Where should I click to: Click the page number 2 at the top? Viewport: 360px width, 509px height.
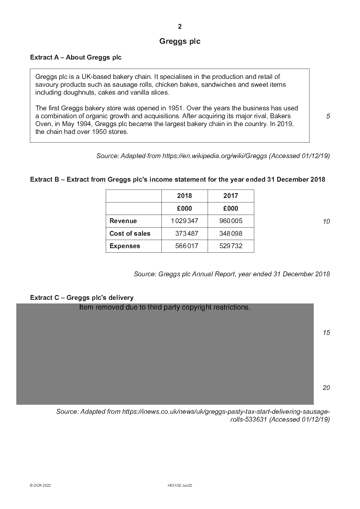(x=180, y=27)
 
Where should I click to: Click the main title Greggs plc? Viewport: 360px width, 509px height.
(x=180, y=41)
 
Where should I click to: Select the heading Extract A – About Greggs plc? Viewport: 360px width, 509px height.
(x=76, y=57)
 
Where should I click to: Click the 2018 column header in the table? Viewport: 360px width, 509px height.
(x=184, y=196)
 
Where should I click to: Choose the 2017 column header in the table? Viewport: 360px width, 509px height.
(x=231, y=196)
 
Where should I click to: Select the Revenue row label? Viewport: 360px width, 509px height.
(x=123, y=221)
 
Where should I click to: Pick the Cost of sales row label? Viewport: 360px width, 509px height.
(x=130, y=234)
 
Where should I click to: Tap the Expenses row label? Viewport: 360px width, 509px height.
(x=125, y=246)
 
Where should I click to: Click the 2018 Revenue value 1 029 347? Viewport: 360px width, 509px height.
(x=184, y=221)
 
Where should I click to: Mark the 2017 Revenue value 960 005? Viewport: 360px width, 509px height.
(x=231, y=221)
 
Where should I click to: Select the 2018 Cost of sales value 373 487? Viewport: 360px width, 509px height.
(x=186, y=234)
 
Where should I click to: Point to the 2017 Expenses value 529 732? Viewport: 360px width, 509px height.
(x=231, y=246)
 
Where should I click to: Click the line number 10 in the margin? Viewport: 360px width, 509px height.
(x=326, y=222)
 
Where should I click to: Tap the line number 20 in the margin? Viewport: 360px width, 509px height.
(x=326, y=388)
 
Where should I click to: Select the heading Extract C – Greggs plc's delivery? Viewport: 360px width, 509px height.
(x=82, y=298)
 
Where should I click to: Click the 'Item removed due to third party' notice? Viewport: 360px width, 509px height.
(x=165, y=307)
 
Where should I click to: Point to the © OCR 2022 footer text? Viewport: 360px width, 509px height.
(x=40, y=486)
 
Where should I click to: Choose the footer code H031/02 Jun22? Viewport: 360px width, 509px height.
(x=180, y=486)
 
